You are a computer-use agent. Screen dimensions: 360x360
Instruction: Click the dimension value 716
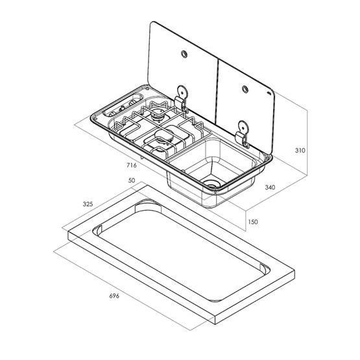point(132,165)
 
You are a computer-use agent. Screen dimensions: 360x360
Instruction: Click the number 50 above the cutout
point(132,180)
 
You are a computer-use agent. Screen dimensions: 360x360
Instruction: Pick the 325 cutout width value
point(88,203)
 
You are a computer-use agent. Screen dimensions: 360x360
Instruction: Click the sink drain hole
point(210,184)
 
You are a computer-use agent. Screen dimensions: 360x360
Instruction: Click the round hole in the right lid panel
point(246,89)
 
